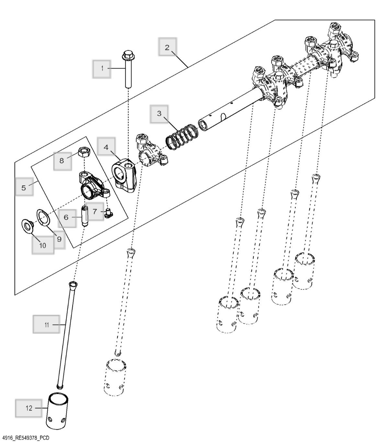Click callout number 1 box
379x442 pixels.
[x=102, y=68]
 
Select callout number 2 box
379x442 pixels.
[x=167, y=47]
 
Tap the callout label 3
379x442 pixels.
[x=159, y=113]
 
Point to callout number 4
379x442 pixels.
[x=106, y=147]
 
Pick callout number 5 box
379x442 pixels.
[x=24, y=188]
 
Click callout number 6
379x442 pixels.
[x=66, y=217]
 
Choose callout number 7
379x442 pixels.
[x=95, y=212]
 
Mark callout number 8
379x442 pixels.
[x=62, y=160]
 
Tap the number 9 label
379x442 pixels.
[x=59, y=239]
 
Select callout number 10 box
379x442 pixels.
[x=43, y=245]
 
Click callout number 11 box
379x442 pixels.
[x=47, y=324]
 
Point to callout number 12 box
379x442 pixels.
[x=29, y=408]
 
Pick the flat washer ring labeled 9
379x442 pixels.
[x=43, y=217]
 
